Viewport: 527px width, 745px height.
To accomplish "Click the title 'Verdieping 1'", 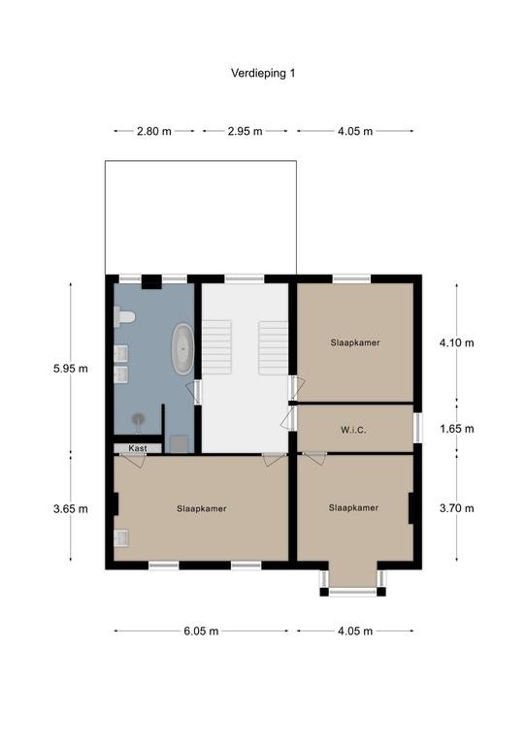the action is point(263,73).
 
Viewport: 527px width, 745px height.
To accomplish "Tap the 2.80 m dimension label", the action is point(154,131).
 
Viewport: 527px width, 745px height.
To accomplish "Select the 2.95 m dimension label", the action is point(245,131).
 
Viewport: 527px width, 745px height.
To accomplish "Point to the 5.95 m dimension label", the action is point(70,369).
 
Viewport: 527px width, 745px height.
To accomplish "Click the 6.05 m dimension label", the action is point(201,631).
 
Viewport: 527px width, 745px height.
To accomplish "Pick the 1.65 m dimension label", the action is point(457,429).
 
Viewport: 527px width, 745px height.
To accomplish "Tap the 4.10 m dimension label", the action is point(457,342).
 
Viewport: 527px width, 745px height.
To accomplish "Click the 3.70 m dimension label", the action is point(457,508).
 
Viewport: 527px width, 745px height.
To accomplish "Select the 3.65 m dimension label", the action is point(70,509).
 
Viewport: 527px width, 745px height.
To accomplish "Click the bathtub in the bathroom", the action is point(182,349).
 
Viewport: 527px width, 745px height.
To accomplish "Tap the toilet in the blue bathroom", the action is point(124,316).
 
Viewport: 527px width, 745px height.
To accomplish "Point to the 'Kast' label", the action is point(138,448).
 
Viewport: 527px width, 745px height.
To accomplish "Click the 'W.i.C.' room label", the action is point(353,430).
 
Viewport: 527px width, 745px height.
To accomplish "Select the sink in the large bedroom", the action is point(120,538).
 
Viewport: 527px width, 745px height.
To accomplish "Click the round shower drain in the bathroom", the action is point(138,419).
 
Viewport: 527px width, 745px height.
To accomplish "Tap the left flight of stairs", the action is point(217,347).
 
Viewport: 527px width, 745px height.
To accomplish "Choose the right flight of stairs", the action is point(274,348).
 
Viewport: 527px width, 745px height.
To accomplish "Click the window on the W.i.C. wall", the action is point(417,427).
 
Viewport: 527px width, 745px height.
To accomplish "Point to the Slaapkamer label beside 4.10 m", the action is point(355,342).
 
